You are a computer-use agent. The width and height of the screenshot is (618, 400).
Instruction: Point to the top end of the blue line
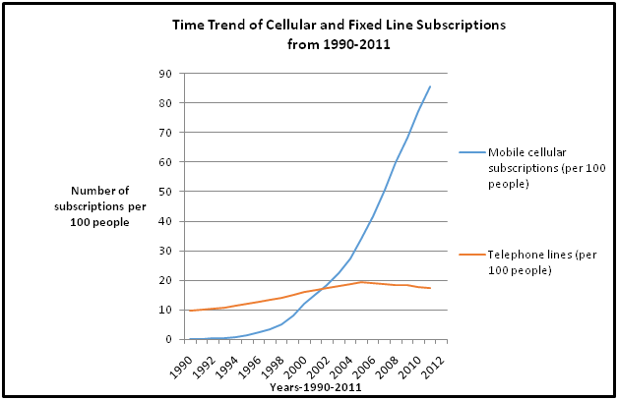pos(430,86)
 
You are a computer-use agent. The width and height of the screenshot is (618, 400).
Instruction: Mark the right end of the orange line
pos(430,288)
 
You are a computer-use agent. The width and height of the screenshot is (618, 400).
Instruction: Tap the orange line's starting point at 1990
pos(189,311)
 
